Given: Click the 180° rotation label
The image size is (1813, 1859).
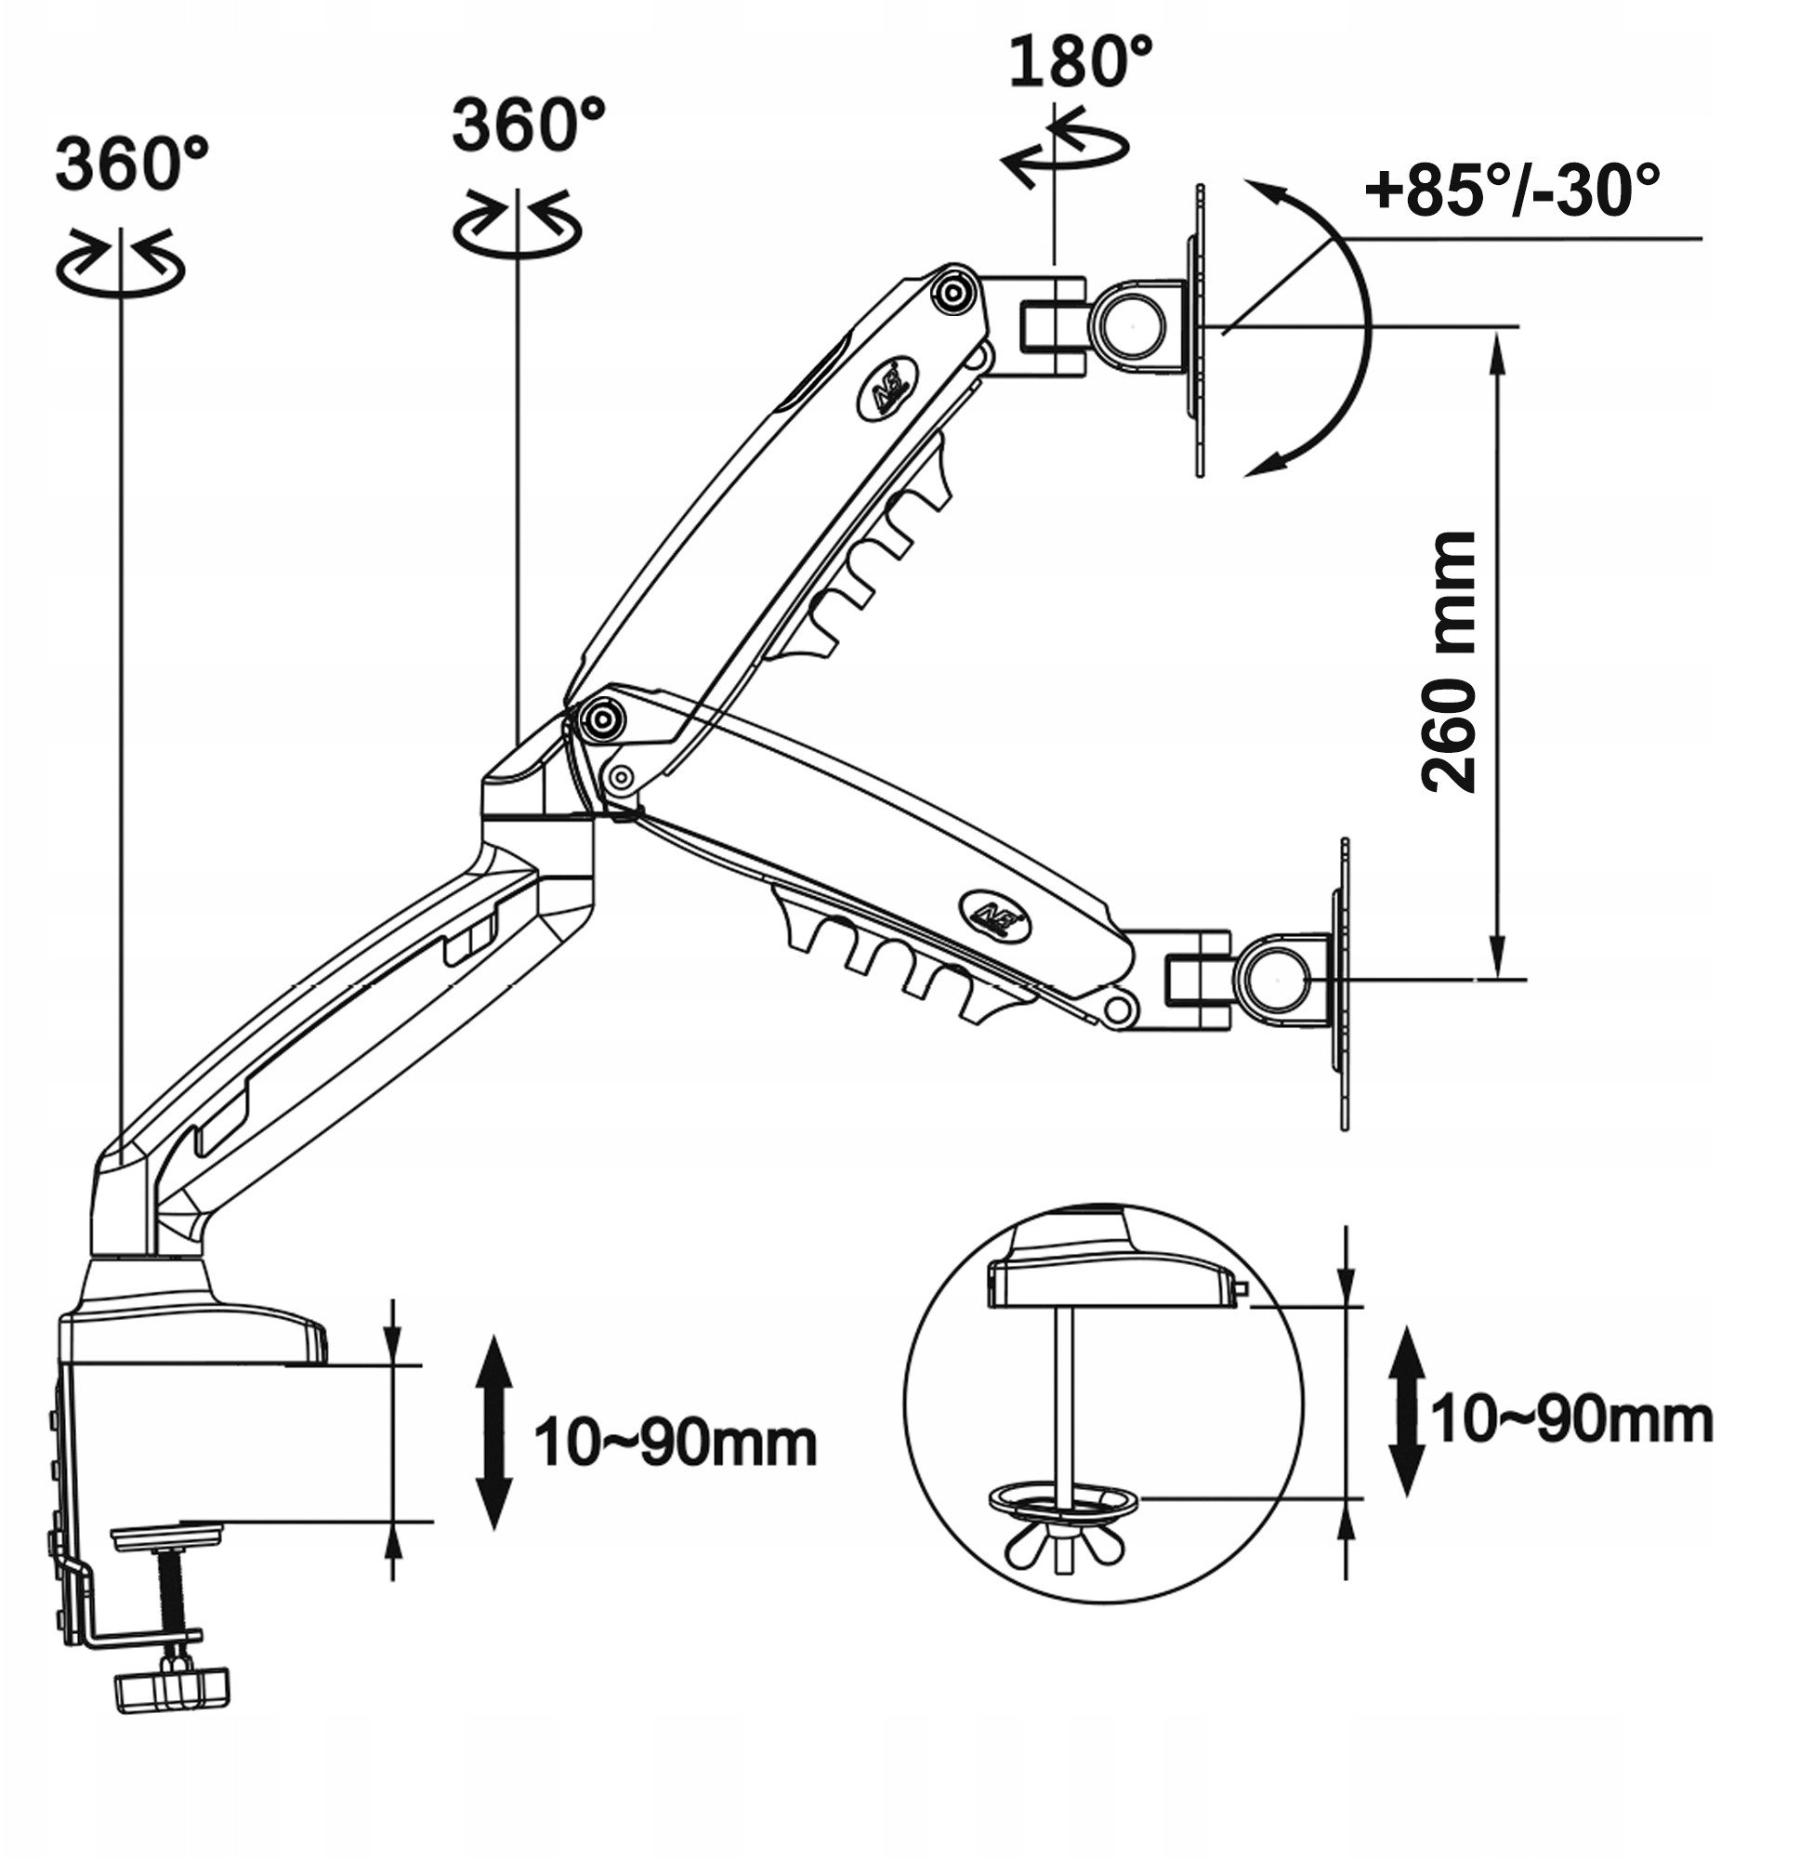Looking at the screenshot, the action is [1080, 62].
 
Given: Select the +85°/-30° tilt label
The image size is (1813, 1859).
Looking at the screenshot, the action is [1511, 190].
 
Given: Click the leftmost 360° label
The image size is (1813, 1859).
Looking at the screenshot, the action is [131, 164].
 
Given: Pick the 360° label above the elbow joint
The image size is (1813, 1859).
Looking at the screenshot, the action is [529, 125].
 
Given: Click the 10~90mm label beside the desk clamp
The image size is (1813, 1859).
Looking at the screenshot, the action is [676, 1442].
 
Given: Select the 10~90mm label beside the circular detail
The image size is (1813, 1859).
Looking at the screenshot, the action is [1572, 1419].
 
